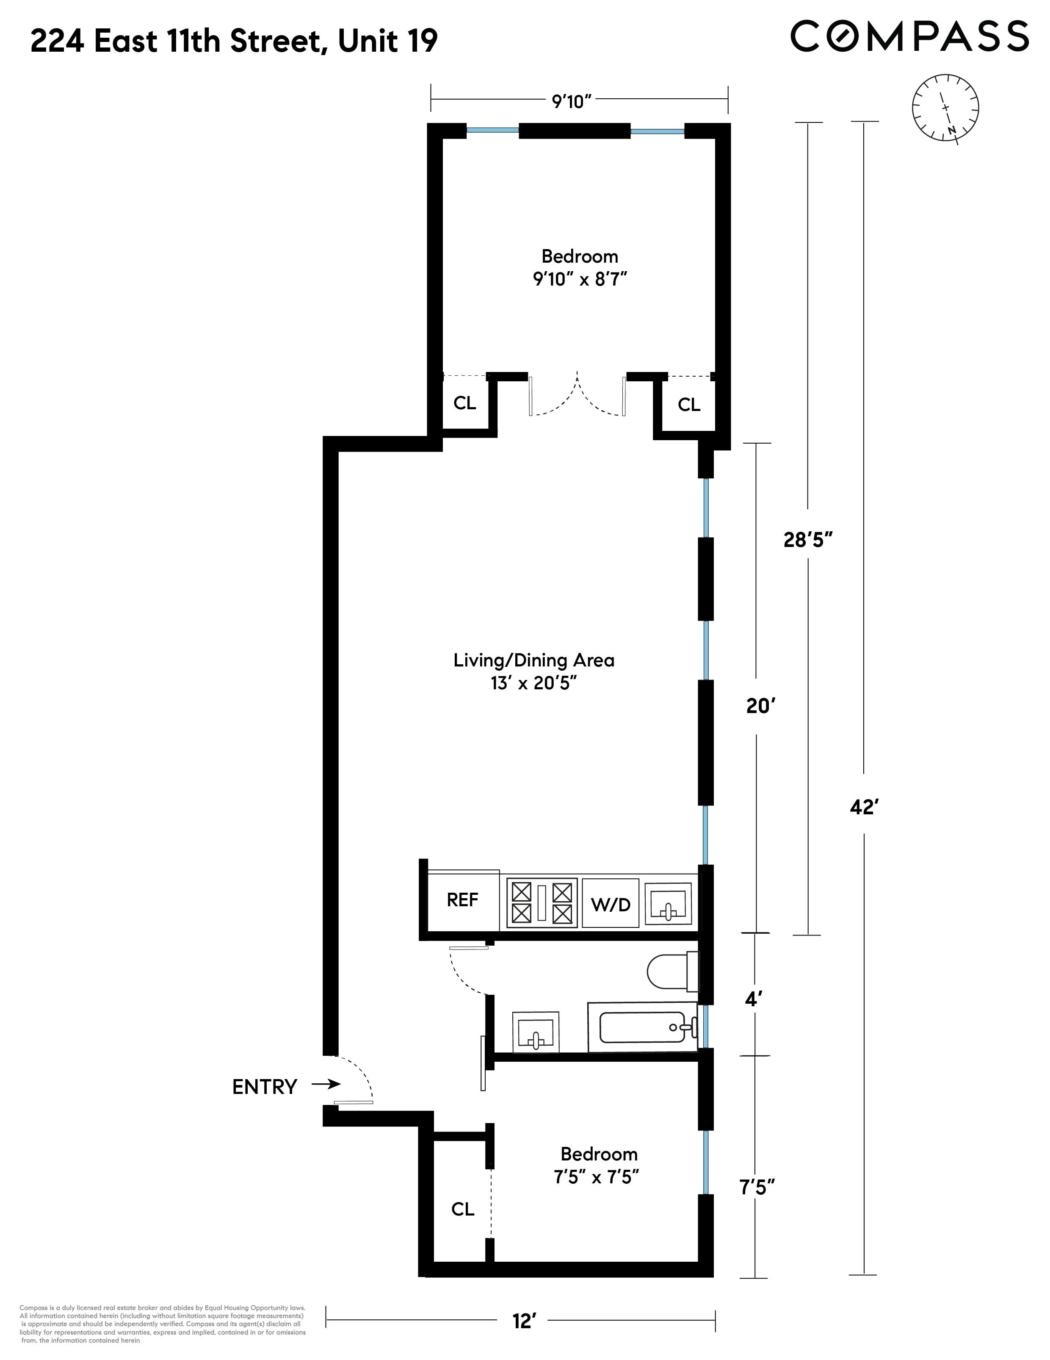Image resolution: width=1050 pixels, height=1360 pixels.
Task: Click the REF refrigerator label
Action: [x=462, y=900]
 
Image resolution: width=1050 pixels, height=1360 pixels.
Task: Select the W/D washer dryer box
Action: [x=611, y=904]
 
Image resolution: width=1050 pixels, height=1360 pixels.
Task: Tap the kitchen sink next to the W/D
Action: [x=668, y=904]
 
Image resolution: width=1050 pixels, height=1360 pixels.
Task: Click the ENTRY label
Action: [x=265, y=1087]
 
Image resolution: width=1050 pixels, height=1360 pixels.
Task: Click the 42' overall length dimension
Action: [x=864, y=807]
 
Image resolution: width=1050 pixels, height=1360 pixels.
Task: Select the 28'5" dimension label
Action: [x=807, y=540]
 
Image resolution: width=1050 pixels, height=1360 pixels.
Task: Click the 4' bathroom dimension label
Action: [x=753, y=1000]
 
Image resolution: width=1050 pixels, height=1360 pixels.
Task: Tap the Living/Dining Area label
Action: [x=533, y=660]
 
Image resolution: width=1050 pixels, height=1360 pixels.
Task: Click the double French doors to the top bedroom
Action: [x=576, y=395]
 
